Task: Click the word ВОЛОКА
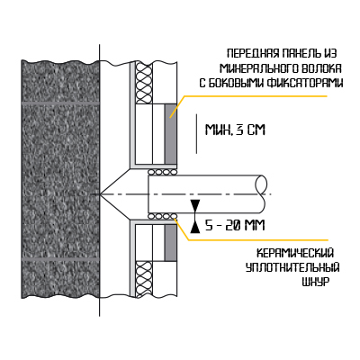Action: [x=321, y=68]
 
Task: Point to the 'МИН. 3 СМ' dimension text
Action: [x=235, y=130]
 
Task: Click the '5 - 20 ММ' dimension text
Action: [x=235, y=225]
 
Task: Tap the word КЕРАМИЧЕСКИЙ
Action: [x=295, y=253]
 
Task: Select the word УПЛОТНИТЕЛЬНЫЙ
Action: [x=292, y=267]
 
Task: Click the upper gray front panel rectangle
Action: [x=170, y=134]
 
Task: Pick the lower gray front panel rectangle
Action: [x=170, y=243]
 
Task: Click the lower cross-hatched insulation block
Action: [x=144, y=279]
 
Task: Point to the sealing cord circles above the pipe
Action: [x=162, y=172]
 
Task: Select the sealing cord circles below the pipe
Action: [x=162, y=216]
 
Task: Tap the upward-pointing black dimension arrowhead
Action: [x=195, y=227]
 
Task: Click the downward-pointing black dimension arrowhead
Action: [x=195, y=206]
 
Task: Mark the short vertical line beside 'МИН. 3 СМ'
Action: [x=196, y=133]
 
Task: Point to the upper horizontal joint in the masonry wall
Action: [x=60, y=103]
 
